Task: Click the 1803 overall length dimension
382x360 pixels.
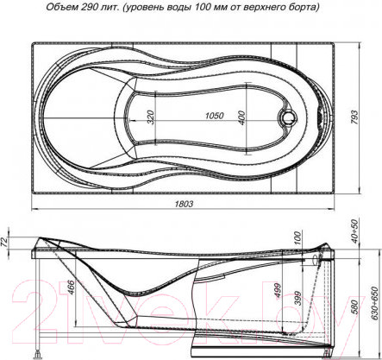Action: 184,204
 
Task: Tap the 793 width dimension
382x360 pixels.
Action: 355,117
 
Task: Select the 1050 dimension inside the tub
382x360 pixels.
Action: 214,116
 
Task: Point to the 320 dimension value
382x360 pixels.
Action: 151,117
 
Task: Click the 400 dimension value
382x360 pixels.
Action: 242,117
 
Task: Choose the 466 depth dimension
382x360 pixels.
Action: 71,287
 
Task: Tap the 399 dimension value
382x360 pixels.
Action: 297,299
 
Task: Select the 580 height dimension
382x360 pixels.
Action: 355,307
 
